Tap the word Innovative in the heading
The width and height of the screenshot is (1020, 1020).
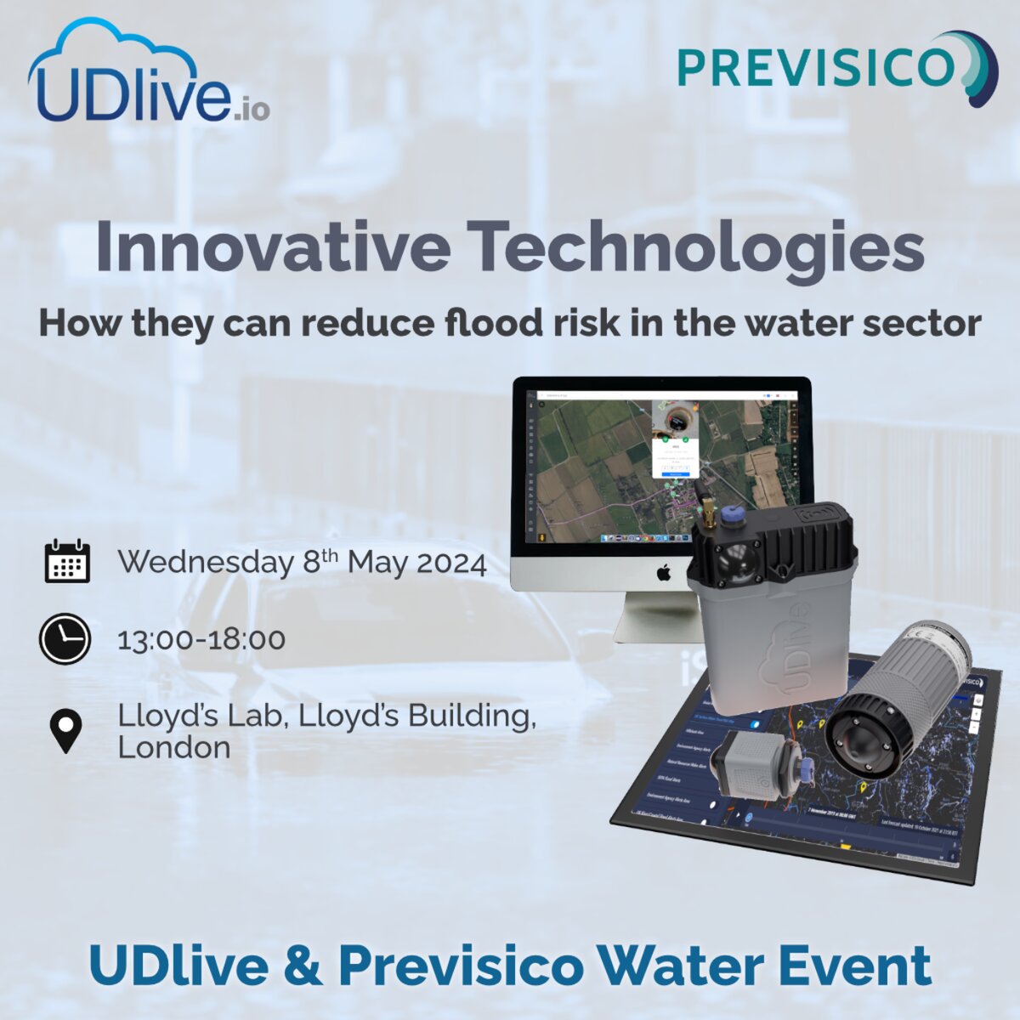(x=272, y=246)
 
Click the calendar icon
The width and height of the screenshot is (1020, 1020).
(x=66, y=562)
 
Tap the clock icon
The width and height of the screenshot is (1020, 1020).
(x=65, y=638)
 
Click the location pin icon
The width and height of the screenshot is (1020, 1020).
(x=65, y=732)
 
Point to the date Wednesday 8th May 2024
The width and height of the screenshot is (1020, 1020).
(x=302, y=563)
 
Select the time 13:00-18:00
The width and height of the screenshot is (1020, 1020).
(x=201, y=639)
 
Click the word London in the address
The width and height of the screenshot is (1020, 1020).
(x=173, y=748)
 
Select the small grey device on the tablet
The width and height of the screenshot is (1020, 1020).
(x=748, y=765)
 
